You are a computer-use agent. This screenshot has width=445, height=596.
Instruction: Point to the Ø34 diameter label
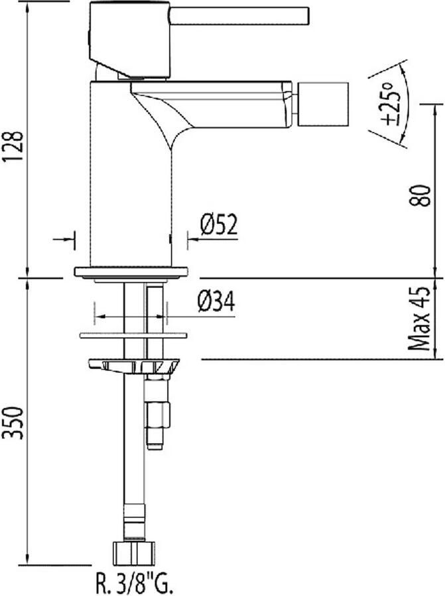pyautogui.click(x=216, y=303)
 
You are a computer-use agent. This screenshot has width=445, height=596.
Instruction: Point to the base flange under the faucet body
pyautogui.click(x=131, y=272)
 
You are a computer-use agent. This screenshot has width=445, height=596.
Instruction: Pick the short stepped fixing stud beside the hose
pyautogui.click(x=157, y=414)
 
